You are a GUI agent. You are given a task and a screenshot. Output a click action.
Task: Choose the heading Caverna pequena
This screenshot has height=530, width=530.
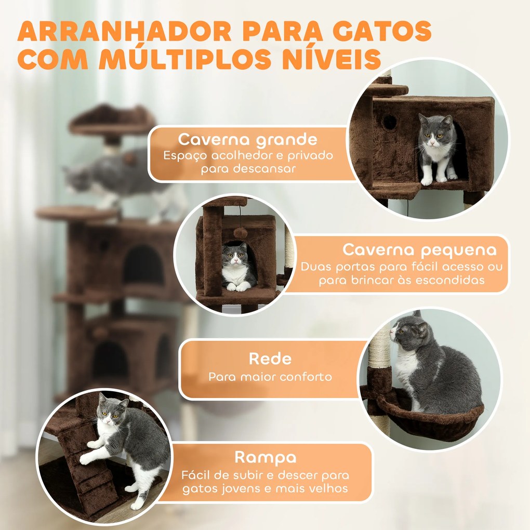click(419, 250)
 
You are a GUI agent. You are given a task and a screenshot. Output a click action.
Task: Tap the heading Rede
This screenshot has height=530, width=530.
click(270, 359)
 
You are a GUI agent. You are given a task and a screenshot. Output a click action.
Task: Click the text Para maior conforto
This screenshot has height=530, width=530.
click(270, 377)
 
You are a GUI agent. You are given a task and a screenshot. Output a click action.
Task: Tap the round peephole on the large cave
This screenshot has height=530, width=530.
click(389, 123)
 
